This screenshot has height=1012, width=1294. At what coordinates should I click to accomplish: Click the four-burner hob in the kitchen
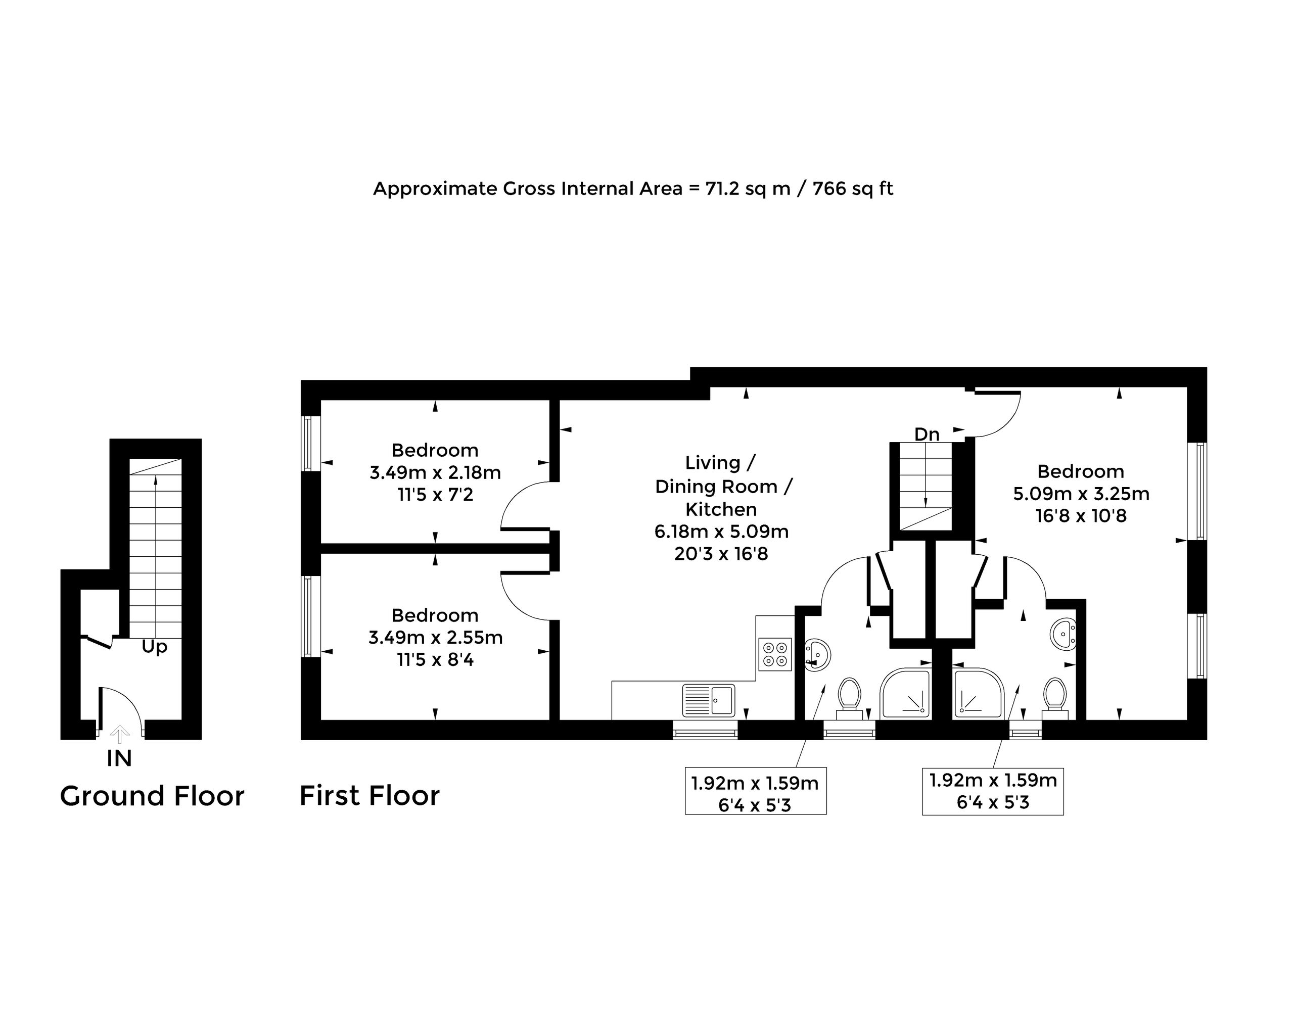click(x=775, y=654)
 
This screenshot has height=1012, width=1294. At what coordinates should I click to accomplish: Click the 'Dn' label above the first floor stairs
click(x=927, y=435)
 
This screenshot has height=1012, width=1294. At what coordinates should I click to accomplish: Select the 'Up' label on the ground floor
click(x=154, y=647)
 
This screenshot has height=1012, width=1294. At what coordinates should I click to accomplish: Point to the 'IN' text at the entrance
click(x=119, y=758)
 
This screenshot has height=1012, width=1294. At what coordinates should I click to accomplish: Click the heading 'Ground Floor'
click(x=152, y=796)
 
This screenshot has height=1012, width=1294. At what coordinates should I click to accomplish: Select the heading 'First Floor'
click(x=369, y=796)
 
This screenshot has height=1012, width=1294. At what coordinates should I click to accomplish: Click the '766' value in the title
click(x=829, y=188)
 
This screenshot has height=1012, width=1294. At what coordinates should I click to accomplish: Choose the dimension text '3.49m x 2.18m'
click(x=435, y=473)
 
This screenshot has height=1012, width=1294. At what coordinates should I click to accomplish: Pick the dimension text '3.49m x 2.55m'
click(x=435, y=638)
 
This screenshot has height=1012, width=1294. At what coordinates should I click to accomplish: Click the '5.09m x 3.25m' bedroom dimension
click(x=1081, y=494)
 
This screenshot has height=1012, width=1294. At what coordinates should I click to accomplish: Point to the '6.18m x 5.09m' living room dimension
click(x=721, y=532)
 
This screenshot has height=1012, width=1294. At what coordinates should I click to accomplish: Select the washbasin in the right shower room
click(x=1063, y=634)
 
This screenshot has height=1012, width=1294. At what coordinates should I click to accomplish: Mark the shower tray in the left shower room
click(x=905, y=694)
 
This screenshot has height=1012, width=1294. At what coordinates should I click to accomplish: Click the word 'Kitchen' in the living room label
click(x=721, y=510)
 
